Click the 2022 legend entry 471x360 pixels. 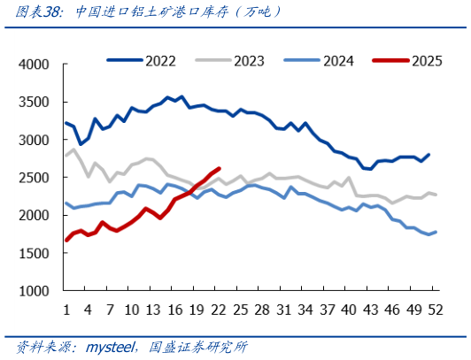pyautogui.click(x=159, y=60)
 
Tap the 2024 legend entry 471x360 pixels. pyautogui.click(x=338, y=60)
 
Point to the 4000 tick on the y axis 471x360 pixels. pyautogui.click(x=36, y=65)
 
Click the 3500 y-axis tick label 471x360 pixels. pyautogui.click(x=36, y=103)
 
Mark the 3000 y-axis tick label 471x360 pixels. pyautogui.click(x=36, y=140)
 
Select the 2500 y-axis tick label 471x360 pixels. pyautogui.click(x=36, y=178)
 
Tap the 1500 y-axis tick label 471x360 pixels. pyautogui.click(x=36, y=253)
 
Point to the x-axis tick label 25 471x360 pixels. pyautogui.click(x=241, y=310)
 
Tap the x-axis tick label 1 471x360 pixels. pyautogui.click(x=66, y=310)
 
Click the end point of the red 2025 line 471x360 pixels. pyautogui.click(x=220, y=169)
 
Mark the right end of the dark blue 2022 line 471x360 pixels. pyautogui.click(x=429, y=155)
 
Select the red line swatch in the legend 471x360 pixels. pyautogui.click(x=390, y=60)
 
